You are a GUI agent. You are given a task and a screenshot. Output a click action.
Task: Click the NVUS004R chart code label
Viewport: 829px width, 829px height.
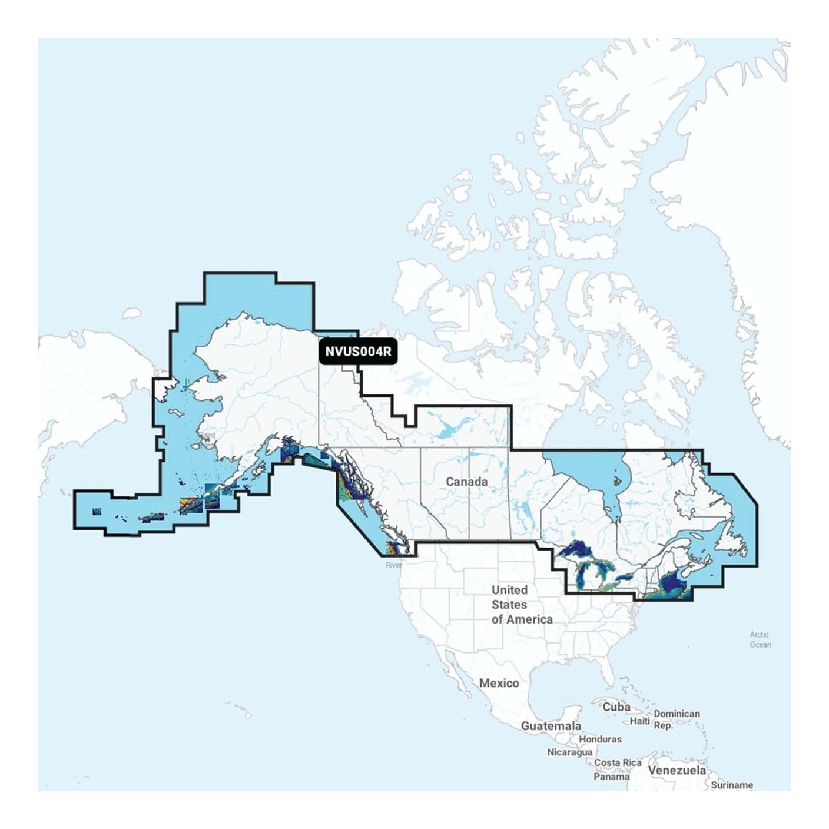point(357,352)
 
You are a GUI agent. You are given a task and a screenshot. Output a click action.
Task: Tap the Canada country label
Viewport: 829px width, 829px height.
point(466,482)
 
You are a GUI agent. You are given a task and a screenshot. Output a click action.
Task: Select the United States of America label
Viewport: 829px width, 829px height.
point(522,604)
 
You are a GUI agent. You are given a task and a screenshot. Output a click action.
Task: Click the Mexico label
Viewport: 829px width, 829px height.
point(499,683)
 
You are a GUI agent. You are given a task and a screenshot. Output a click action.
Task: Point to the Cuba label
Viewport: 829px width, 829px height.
point(616,707)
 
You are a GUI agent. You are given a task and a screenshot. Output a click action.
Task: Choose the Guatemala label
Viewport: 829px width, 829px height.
point(551,726)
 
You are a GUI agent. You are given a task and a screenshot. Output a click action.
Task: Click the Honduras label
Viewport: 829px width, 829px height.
point(600,739)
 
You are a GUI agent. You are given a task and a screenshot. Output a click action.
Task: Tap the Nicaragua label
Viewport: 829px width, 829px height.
point(569,752)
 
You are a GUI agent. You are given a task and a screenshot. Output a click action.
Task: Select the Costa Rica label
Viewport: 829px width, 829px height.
point(618,762)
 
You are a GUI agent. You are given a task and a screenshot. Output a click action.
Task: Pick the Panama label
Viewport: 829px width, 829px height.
point(611,777)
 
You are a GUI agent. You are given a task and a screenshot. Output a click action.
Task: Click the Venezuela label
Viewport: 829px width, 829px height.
point(677,770)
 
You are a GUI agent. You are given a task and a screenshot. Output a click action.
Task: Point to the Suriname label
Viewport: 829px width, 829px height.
point(732,785)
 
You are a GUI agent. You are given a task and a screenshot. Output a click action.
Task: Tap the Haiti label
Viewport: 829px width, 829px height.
point(640,721)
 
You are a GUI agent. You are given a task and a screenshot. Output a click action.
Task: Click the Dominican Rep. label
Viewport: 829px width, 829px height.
point(677,719)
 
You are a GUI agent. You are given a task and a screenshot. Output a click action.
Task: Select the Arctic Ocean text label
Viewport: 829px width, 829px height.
point(760,639)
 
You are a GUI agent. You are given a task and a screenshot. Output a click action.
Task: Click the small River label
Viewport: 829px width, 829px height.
point(393,565)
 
